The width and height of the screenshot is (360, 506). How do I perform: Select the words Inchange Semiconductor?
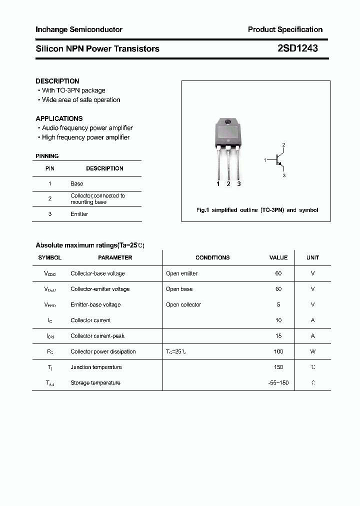coord(79,29)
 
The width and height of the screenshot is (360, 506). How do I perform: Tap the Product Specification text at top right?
coord(285,29)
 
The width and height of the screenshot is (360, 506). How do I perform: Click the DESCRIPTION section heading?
coord(57,81)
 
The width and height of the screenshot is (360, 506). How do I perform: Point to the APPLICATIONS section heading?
coord(59,118)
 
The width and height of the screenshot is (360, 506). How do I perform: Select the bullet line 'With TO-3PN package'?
coord(73,90)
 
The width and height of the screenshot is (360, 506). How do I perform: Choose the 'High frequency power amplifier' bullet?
coord(85,137)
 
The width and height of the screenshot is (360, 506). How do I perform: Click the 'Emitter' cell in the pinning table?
coord(79,214)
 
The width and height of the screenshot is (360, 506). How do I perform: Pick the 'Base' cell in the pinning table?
coord(76,183)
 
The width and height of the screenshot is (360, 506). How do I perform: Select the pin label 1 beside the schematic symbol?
coord(265,160)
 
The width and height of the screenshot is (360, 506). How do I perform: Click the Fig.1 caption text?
coord(257,210)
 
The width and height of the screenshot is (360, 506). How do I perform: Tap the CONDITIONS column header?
coord(212,257)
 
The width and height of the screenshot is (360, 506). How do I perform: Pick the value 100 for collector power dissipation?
coord(278,351)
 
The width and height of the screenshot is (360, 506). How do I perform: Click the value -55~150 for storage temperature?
coord(278,382)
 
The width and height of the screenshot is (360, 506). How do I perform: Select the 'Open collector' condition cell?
coord(183,304)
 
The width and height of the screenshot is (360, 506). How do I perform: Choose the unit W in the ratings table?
coord(312,351)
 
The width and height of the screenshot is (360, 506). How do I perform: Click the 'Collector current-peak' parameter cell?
coord(97,336)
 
